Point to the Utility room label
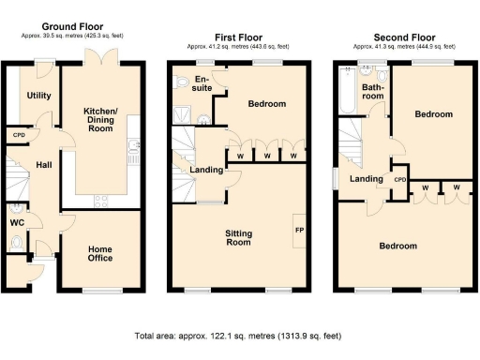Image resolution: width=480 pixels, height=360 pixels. [38, 96]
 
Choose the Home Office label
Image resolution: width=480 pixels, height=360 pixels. [99, 254]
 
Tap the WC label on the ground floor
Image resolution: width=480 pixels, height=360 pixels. [17, 223]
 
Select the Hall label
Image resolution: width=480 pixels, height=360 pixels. [43, 165]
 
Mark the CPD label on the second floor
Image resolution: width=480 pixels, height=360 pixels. [400, 179]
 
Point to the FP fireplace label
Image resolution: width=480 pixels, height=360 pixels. [299, 230]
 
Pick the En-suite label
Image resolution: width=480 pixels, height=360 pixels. [202, 84]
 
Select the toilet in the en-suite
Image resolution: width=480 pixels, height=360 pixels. [181, 82]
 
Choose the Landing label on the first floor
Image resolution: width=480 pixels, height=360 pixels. [206, 170]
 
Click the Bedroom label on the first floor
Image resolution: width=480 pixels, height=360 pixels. [266, 104]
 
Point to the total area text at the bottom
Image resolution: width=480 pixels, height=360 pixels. [239, 335]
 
